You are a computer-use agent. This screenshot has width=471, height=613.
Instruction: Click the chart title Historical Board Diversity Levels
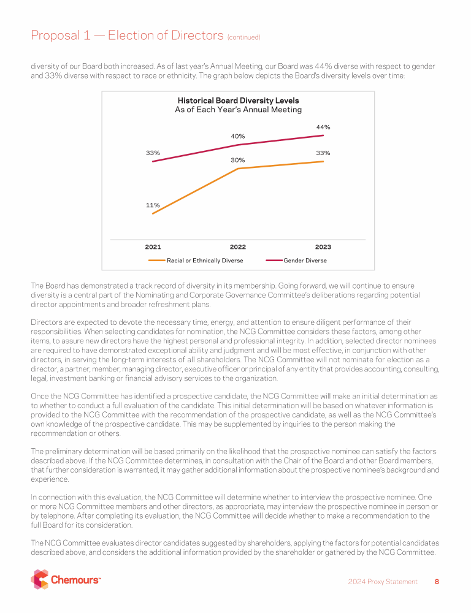[x=238, y=101]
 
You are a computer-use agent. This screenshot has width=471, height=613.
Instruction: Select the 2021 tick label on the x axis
[x=153, y=247]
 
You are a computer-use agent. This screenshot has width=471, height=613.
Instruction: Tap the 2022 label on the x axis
[x=238, y=247]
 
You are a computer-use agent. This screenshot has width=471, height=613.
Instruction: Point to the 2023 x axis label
[x=323, y=247]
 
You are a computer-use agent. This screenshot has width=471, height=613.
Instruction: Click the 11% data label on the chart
[x=153, y=205]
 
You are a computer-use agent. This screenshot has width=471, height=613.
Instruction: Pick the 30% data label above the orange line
[x=238, y=160]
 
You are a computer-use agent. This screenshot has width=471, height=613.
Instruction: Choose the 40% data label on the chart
[x=238, y=136]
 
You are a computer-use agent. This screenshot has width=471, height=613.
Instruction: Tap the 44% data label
[x=323, y=127]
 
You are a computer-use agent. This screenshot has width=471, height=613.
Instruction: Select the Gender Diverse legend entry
[x=305, y=261]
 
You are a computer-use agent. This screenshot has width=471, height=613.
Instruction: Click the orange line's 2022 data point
[x=238, y=168]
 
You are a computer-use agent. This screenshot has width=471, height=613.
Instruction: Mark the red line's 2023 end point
[x=323, y=135]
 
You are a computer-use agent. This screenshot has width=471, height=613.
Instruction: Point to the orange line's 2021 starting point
[x=153, y=213]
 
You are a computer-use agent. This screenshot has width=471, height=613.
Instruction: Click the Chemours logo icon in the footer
[x=40, y=579]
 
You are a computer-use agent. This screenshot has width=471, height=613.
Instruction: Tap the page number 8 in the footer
[x=437, y=582]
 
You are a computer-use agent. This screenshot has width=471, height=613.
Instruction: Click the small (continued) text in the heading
[x=244, y=37]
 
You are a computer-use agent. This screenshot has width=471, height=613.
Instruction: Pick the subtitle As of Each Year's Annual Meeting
[x=238, y=110]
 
